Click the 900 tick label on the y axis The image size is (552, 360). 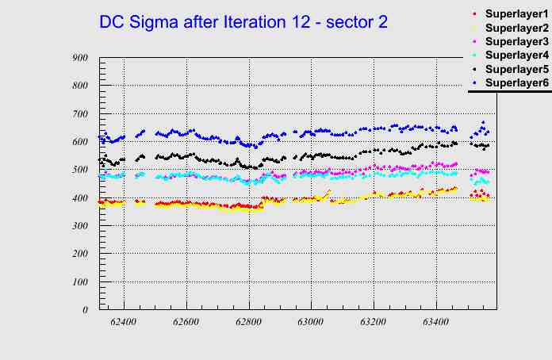pos(79,58)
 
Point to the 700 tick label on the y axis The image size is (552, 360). pos(79,114)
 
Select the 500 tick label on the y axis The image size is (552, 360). pos(79,170)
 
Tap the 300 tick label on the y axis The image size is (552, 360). pos(79,226)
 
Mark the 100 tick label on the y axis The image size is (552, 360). pos(79,282)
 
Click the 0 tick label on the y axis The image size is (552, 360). pos(85,310)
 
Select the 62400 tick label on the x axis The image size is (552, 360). pos(124,322)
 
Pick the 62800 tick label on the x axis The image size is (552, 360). pos(248,322)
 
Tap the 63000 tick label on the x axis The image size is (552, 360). pos(311,322)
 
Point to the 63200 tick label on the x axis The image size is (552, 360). pos(373,322)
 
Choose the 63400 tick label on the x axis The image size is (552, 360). pos(435,322)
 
